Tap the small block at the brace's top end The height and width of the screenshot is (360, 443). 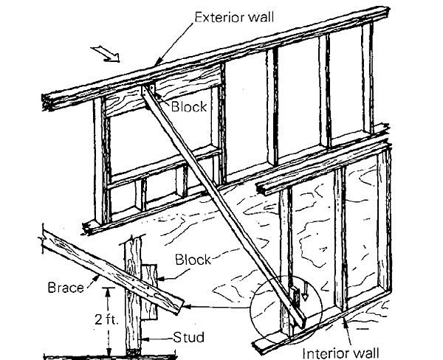tap(148, 90)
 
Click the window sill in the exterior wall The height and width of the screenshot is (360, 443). tap(162, 175)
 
